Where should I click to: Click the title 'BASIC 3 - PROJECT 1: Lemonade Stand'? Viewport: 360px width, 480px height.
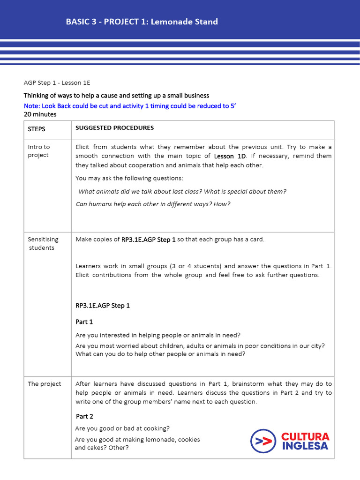click(x=142, y=22)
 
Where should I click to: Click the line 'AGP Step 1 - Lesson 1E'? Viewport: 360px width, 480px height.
click(x=57, y=83)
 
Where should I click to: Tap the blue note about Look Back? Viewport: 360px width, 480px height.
click(x=130, y=106)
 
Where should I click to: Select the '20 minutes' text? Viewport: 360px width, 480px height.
click(x=40, y=114)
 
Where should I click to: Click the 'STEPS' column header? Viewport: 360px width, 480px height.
click(x=37, y=128)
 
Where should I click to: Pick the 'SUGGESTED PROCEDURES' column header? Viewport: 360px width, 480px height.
click(x=114, y=128)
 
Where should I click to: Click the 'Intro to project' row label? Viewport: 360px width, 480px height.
click(x=38, y=151)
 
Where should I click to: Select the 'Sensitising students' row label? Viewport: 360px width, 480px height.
click(x=41, y=243)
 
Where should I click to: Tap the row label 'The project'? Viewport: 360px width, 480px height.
click(x=44, y=384)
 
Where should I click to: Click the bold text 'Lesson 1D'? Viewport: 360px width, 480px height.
click(x=230, y=156)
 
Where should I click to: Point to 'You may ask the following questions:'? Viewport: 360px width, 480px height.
click(x=129, y=178)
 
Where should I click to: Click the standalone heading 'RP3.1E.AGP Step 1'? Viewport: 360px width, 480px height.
click(x=103, y=306)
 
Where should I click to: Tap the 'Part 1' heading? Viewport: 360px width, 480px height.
click(x=84, y=322)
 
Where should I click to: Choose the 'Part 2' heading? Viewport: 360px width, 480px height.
click(x=84, y=416)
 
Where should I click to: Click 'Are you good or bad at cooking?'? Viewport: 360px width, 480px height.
click(x=122, y=428)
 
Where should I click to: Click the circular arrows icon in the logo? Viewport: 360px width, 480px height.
click(x=263, y=441)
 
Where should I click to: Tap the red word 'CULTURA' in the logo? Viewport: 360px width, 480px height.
click(x=305, y=437)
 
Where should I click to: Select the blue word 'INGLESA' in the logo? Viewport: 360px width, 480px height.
click(x=305, y=446)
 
